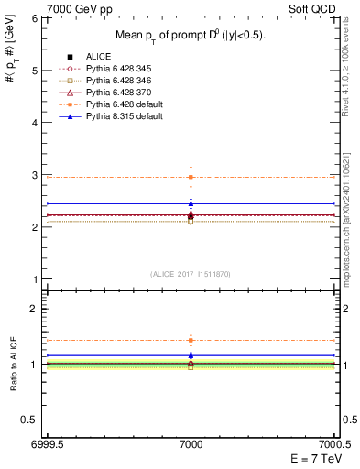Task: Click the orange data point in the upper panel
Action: (191, 177)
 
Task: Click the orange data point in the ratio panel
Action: (191, 340)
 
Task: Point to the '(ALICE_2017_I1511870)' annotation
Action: (191, 275)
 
